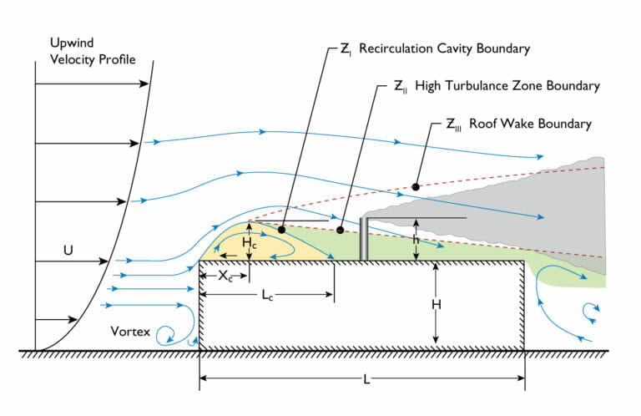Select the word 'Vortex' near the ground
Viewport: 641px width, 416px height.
tap(131, 332)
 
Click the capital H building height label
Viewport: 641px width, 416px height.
tap(436, 305)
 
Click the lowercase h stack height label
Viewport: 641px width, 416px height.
tap(416, 239)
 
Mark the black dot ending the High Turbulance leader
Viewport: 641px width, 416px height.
tap(340, 229)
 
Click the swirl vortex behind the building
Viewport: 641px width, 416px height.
tap(592, 311)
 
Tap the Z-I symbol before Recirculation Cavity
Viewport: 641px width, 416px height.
tap(345, 49)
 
